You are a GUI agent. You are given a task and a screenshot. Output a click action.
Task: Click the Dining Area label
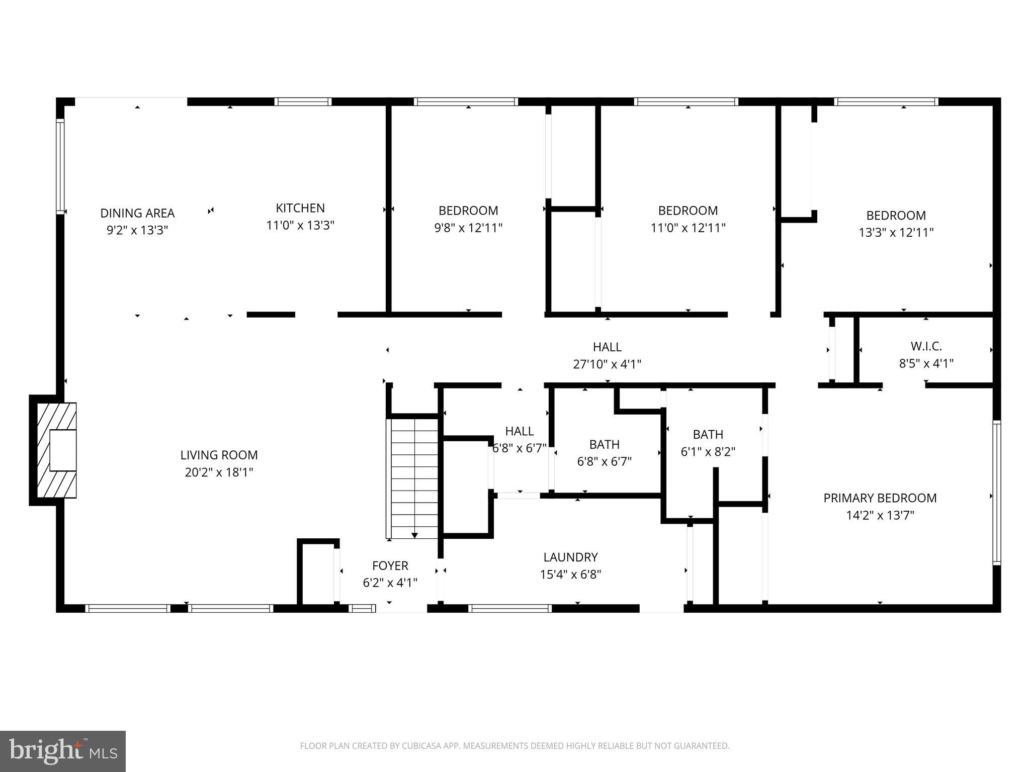point(137,213)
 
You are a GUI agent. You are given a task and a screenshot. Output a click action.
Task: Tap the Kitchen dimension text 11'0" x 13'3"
point(300,225)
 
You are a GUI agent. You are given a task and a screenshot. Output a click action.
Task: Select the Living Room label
point(219,455)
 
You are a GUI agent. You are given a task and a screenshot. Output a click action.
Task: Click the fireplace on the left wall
point(53,450)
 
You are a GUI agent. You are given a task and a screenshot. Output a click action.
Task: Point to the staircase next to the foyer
point(412,478)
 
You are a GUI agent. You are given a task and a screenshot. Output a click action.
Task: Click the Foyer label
point(390,565)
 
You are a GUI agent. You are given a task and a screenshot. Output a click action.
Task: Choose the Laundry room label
point(570,557)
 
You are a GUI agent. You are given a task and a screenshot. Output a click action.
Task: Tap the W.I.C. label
point(926,346)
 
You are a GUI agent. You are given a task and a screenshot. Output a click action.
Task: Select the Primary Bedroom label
point(880,498)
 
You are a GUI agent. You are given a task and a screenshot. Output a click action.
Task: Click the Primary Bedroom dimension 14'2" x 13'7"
point(880,515)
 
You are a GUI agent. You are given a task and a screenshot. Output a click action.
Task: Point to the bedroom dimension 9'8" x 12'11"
point(468,228)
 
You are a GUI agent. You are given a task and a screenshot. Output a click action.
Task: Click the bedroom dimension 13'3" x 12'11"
point(896,233)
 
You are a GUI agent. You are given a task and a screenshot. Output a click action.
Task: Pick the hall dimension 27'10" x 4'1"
point(607,364)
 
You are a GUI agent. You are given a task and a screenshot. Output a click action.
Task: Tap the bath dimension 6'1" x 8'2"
point(708,451)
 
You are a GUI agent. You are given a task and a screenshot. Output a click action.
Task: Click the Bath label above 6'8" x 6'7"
point(605,444)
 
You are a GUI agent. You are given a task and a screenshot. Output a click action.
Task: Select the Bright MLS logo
point(63,751)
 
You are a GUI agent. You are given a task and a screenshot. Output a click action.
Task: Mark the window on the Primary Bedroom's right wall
point(996,493)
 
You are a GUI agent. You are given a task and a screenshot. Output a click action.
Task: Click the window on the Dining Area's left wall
point(60,166)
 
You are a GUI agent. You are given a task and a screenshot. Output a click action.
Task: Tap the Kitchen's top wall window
point(303,102)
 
